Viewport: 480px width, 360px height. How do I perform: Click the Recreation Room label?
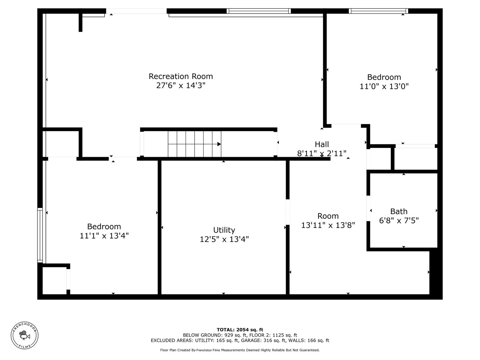[x=180, y=76]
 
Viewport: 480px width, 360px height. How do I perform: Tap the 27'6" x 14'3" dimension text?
[x=181, y=85]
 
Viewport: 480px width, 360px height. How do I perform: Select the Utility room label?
[x=224, y=230]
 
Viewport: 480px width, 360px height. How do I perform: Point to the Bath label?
[x=399, y=212]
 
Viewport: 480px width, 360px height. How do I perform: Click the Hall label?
[x=322, y=144]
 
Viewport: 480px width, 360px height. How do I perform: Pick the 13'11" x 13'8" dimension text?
[x=328, y=225]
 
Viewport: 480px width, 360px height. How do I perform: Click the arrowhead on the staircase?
[x=219, y=144]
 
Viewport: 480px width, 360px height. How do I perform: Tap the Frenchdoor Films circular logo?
[x=25, y=335]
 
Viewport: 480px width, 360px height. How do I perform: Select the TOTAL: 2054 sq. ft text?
[x=240, y=330]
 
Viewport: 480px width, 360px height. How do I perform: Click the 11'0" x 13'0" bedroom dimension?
[x=384, y=86]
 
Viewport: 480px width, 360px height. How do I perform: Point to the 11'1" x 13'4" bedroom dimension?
[x=104, y=236]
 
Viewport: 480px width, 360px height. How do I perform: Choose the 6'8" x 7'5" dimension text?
[x=399, y=220]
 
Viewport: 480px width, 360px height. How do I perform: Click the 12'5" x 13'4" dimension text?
[x=224, y=239]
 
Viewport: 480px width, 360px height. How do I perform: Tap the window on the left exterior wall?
[x=40, y=235]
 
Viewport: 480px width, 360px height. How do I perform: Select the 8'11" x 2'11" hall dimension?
[x=322, y=154]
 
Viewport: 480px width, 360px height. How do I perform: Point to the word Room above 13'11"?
[x=328, y=216]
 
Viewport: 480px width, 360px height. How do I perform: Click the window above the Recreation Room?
[x=259, y=11]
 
